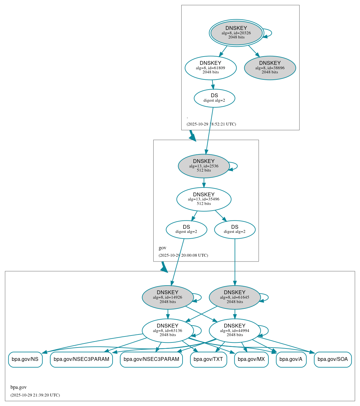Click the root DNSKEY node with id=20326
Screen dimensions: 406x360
pyautogui.click(x=236, y=33)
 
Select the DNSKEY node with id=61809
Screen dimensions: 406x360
pyautogui.click(x=211, y=68)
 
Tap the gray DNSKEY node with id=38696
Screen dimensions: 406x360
pyautogui.click(x=270, y=68)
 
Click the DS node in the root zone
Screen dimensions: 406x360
pyautogui.click(x=214, y=98)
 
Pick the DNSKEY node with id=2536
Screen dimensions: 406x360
pyautogui.click(x=204, y=166)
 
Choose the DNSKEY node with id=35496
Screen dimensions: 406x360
pyautogui.click(x=204, y=199)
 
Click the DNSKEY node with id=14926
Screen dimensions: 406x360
pyautogui.click(x=168, y=297)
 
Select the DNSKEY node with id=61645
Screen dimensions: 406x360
pyautogui.click(x=235, y=297)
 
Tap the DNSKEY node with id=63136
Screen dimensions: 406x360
pyautogui.click(x=168, y=330)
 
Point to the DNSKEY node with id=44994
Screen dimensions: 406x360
pyautogui.click(x=235, y=330)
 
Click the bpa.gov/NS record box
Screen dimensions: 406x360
pyautogui.click(x=25, y=359)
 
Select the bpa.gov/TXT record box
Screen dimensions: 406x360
pyautogui.click(x=208, y=359)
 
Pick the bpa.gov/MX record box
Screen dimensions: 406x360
pyautogui.click(x=251, y=359)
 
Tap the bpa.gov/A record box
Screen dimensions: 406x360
pyautogui.click(x=291, y=359)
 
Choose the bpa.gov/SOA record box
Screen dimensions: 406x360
pyautogui.click(x=333, y=359)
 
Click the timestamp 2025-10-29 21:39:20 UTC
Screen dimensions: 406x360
pyautogui.click(x=35, y=395)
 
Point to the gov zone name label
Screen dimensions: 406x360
pyautogui.click(x=162, y=248)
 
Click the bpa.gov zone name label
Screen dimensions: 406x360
pyautogui.click(x=18, y=387)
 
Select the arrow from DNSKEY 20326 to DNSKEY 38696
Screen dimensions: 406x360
pyautogui.click(x=254, y=51)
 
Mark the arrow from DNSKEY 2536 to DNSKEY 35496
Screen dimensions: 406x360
pyautogui.click(x=204, y=183)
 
